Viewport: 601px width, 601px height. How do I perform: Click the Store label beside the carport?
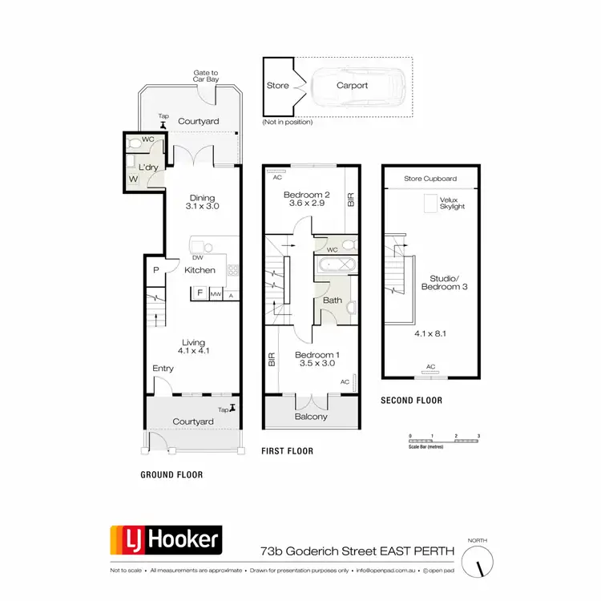[x=277, y=85]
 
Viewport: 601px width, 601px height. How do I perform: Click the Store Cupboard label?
[x=430, y=179]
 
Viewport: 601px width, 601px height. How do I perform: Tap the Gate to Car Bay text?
[x=205, y=77]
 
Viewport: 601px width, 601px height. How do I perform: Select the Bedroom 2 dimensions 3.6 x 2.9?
[x=306, y=204]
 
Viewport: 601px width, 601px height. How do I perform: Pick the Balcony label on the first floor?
[x=310, y=417]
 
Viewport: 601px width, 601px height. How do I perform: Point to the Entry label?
[x=163, y=369]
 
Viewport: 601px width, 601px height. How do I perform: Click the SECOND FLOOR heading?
[x=411, y=401]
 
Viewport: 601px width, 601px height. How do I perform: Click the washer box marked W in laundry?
[x=132, y=179]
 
